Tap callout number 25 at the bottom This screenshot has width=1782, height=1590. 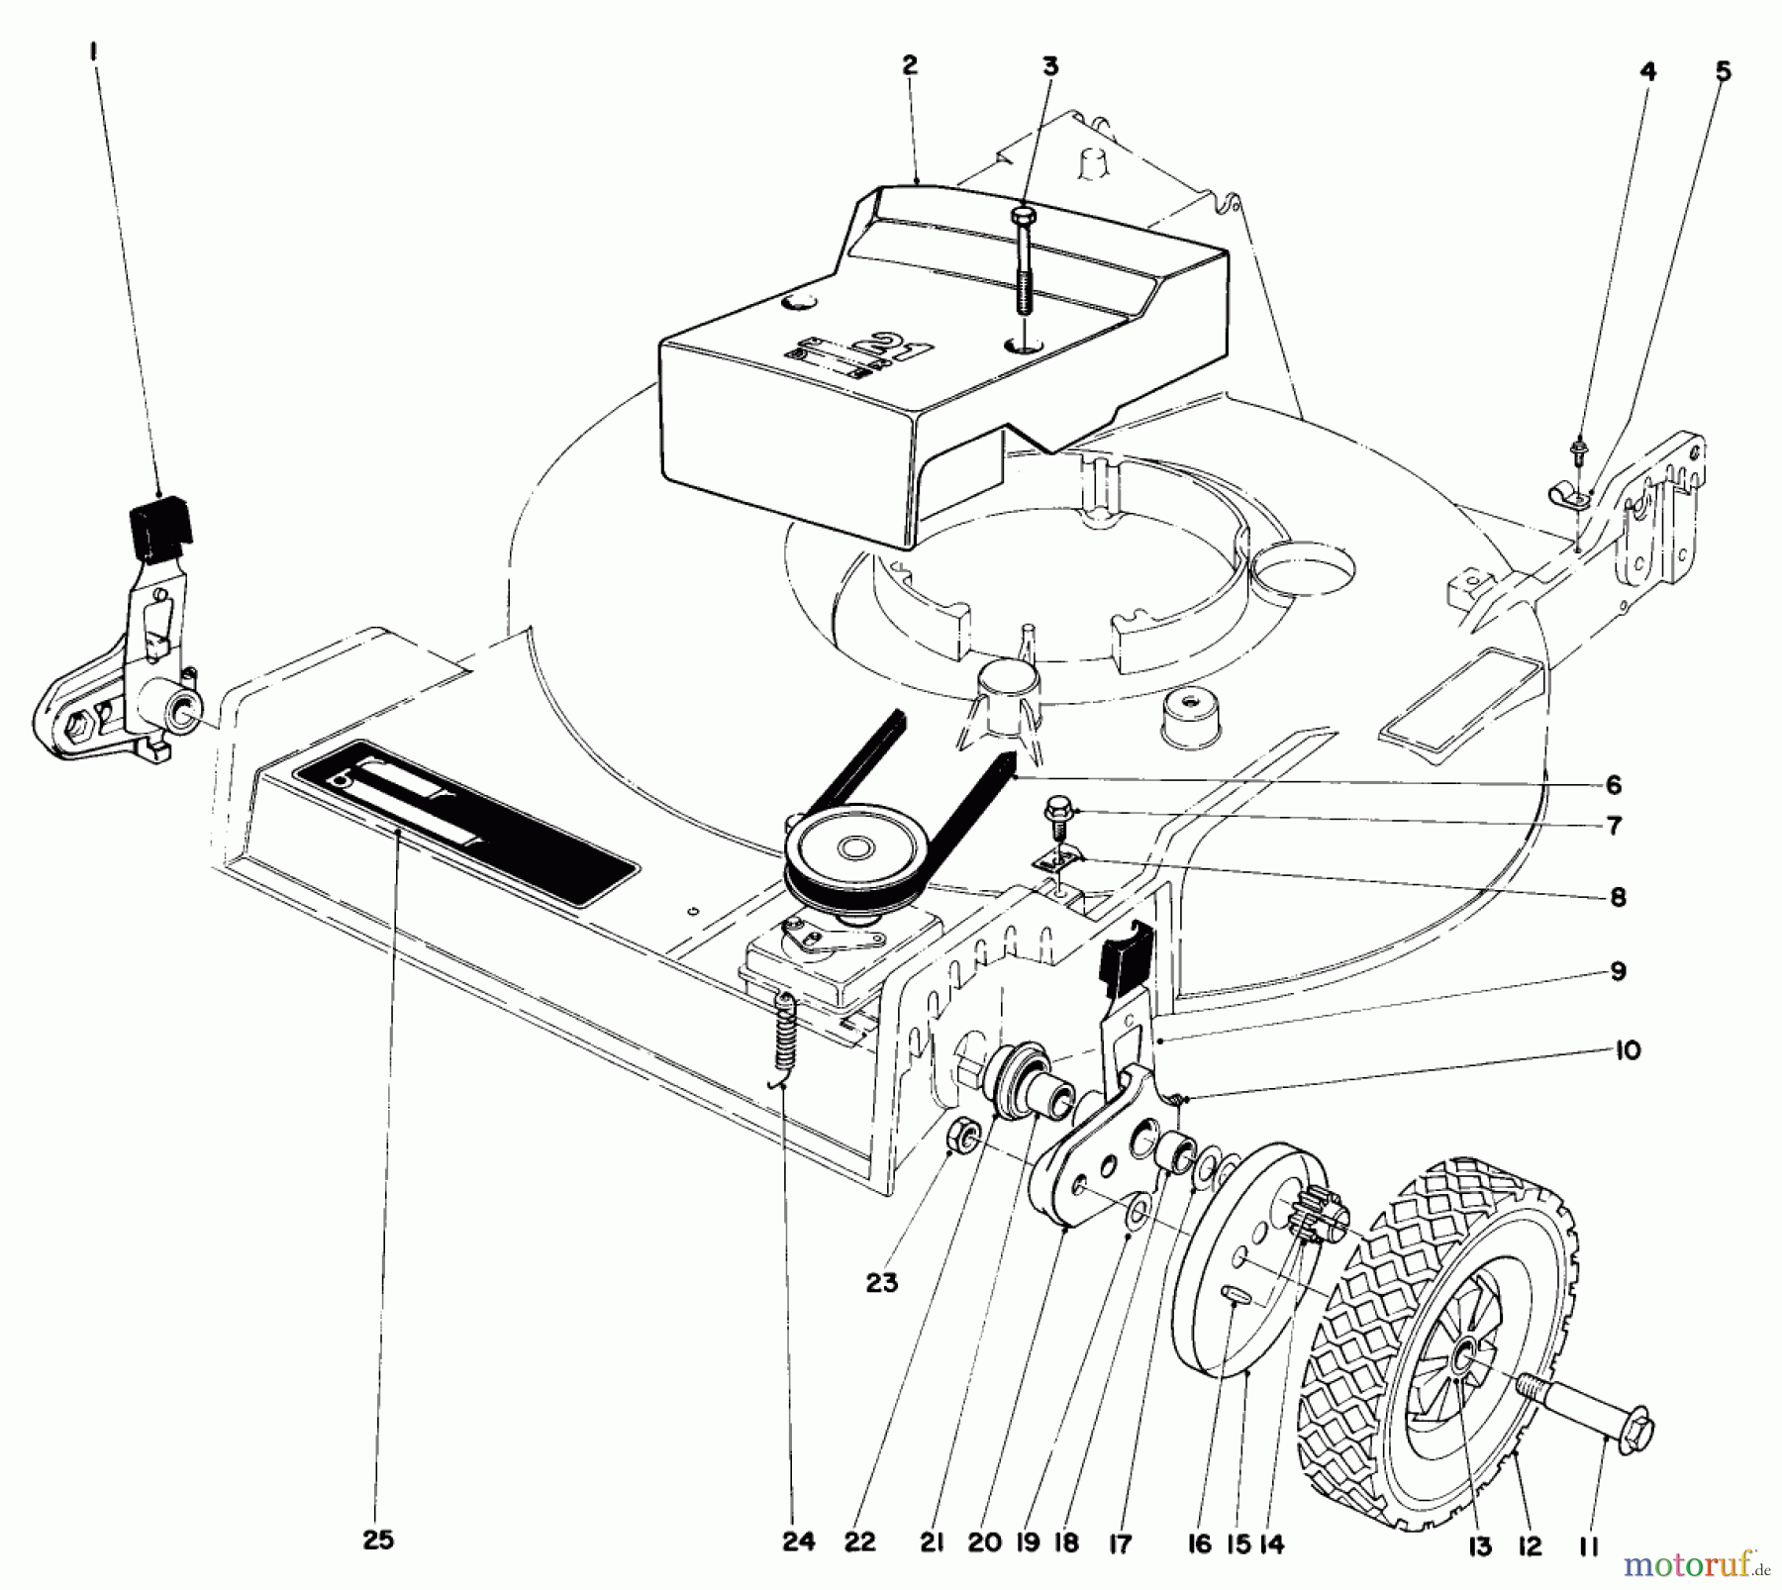[378, 1540]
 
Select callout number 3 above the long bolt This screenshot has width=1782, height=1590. [1050, 67]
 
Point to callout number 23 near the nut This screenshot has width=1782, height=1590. [881, 1283]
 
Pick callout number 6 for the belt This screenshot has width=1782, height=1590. [1614, 785]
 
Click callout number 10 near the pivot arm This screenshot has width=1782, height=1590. [1628, 1050]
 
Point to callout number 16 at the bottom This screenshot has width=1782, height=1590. [1199, 1542]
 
